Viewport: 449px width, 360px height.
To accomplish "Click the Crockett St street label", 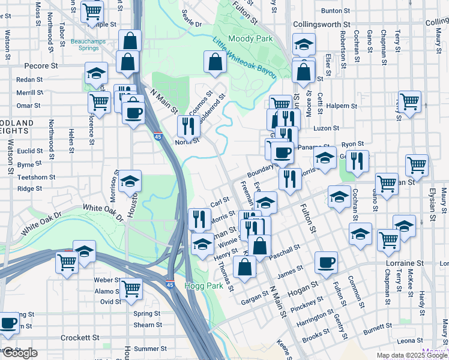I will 80,338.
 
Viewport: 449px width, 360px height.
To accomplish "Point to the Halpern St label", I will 342,106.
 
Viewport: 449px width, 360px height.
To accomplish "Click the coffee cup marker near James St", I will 326,261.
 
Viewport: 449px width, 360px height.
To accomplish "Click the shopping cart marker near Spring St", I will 130,288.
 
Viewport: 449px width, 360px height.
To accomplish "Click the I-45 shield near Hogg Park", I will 170,285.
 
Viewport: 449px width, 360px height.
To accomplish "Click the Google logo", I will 20,353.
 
